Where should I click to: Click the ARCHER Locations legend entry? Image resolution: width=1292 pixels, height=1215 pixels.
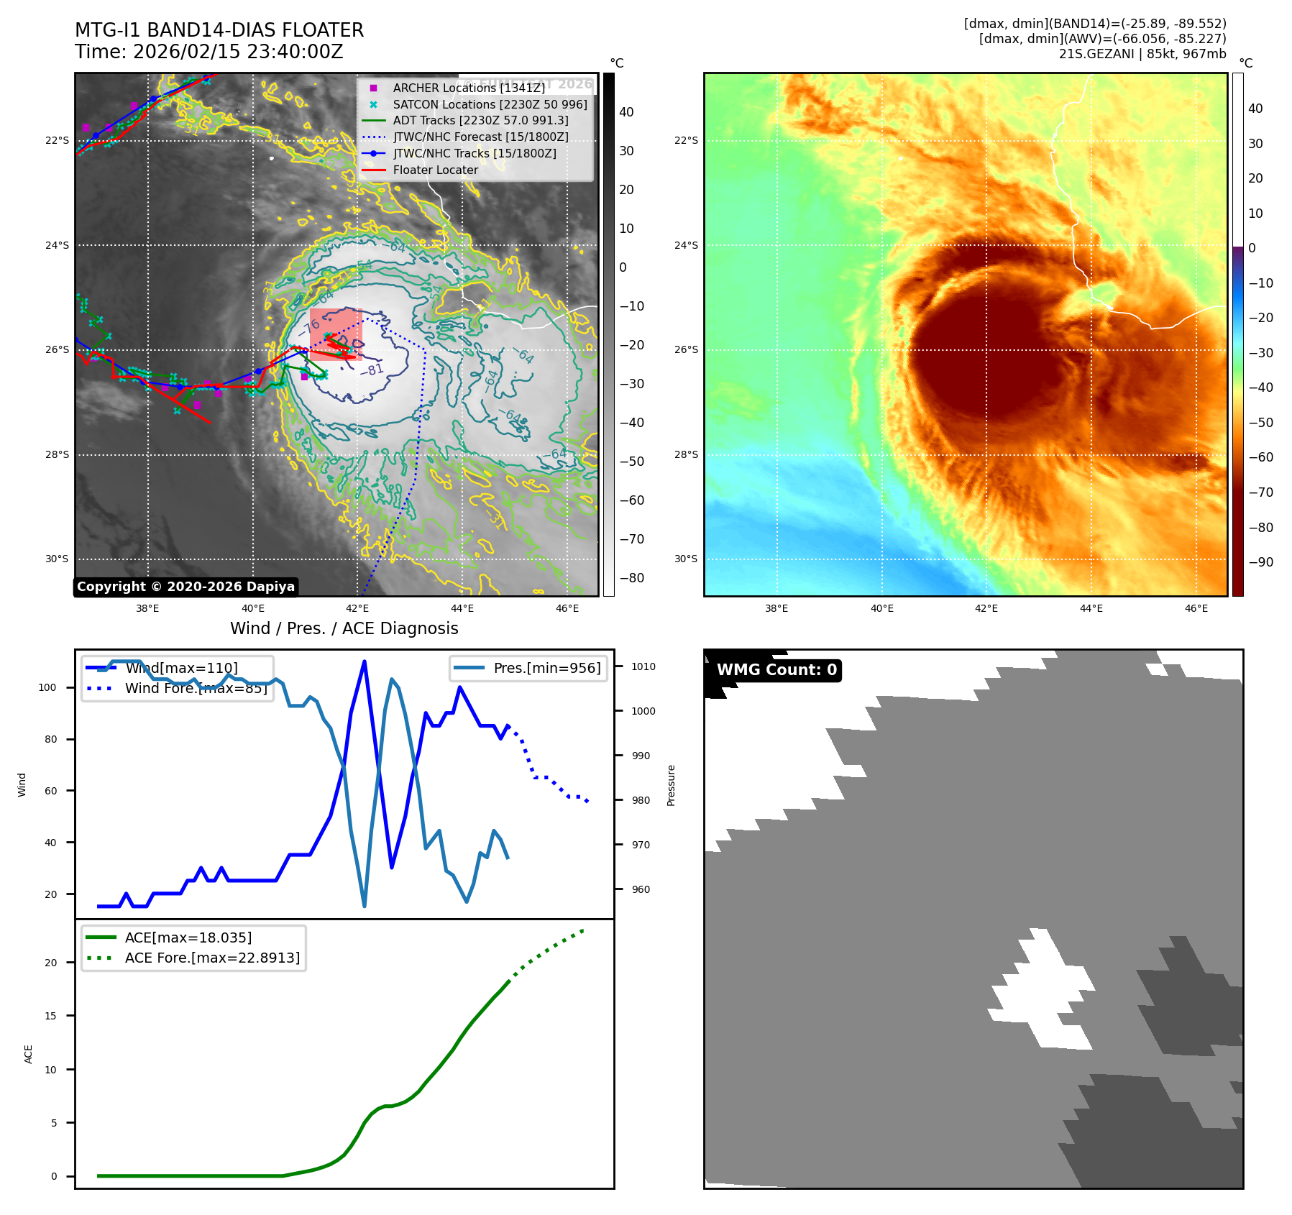(x=469, y=88)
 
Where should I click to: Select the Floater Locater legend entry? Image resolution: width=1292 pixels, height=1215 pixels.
(x=435, y=170)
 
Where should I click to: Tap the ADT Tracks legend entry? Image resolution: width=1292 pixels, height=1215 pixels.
(x=480, y=121)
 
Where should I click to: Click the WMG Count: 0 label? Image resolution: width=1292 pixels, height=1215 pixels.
(x=776, y=670)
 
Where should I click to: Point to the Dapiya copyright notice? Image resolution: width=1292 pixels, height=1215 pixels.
(x=185, y=587)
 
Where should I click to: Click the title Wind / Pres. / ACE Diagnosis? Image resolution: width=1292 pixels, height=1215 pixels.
(x=344, y=628)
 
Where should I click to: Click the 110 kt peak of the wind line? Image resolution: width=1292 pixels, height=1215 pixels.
(x=365, y=661)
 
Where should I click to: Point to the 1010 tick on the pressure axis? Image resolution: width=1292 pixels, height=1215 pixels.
(x=643, y=666)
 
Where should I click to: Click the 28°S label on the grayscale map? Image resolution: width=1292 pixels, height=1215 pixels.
(x=57, y=454)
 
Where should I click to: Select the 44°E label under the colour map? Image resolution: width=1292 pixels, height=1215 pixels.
(x=1091, y=608)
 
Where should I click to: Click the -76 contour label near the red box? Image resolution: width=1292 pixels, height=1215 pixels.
(x=311, y=328)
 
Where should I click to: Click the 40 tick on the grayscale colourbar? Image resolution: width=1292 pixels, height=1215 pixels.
(x=626, y=112)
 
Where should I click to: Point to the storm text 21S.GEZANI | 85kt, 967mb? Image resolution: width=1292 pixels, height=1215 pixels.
(x=1142, y=54)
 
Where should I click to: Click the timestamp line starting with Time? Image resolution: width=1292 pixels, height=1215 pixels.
(x=209, y=52)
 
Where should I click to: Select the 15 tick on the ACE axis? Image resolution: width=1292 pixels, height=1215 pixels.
(x=50, y=1016)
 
